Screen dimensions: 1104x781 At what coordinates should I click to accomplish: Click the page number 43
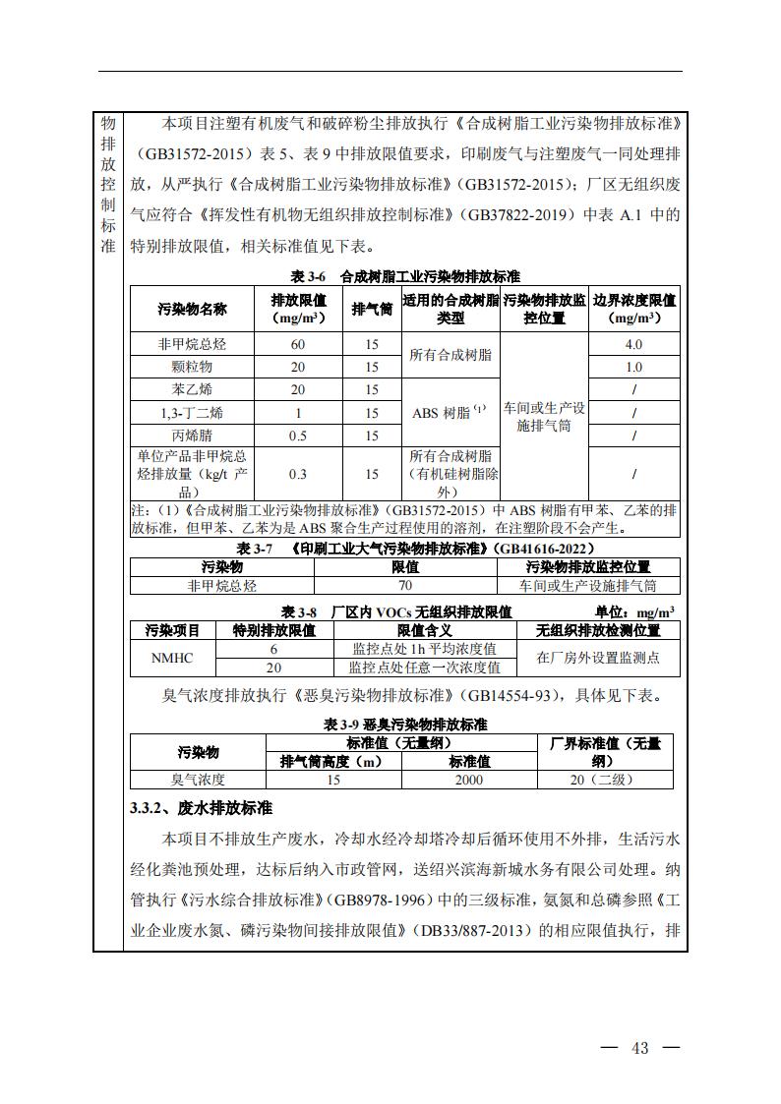640,1048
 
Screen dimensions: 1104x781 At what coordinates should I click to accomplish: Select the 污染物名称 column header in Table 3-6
193,309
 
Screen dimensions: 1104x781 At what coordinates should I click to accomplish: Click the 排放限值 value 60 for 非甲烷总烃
298,344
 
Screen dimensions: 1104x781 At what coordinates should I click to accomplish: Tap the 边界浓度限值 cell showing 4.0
633,344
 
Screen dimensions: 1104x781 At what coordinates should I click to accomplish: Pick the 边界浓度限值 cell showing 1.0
633,367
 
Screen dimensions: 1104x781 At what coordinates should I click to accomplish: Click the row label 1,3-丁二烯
191,413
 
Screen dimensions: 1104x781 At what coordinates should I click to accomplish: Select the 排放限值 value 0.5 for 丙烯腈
298,436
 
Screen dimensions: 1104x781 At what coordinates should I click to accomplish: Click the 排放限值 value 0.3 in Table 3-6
298,474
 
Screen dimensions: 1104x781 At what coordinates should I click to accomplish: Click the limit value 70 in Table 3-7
405,585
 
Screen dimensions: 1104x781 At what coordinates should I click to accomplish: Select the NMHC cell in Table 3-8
172,658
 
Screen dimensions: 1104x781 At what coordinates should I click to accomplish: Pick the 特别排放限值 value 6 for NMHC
274,649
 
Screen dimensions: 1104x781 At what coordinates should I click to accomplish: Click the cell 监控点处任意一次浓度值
424,667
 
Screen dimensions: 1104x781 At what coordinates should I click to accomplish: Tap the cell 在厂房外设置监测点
597,658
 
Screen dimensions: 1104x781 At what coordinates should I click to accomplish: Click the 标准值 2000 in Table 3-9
469,779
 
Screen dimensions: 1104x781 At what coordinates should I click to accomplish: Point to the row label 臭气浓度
198,779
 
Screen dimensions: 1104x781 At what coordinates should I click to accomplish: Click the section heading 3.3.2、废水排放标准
201,808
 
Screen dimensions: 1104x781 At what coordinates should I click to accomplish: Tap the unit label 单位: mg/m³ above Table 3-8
634,611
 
